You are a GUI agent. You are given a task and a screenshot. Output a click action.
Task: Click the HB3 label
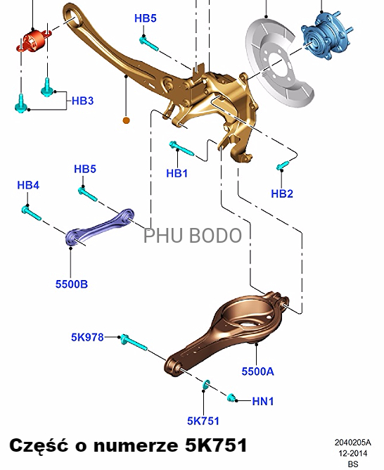click(x=83, y=101)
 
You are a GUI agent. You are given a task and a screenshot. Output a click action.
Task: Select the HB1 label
click(x=177, y=173)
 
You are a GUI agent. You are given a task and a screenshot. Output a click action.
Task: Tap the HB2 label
click(x=282, y=193)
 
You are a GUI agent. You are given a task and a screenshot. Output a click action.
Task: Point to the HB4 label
click(x=28, y=185)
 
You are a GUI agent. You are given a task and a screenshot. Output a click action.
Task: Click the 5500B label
click(x=72, y=284)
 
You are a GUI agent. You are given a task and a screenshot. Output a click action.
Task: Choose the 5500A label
click(x=257, y=371)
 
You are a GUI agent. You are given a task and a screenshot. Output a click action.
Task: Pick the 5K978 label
click(x=87, y=337)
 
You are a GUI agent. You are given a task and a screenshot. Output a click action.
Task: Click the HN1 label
click(x=263, y=401)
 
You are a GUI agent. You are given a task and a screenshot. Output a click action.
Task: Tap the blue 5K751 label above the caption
click(x=203, y=421)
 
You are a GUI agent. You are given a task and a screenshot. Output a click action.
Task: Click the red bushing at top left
click(x=33, y=41)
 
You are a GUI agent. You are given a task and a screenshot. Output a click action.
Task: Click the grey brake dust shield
click(x=277, y=63)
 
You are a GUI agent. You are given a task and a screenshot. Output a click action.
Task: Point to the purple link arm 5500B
click(x=99, y=228)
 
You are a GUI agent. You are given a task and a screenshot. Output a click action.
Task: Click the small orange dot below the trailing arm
click(x=127, y=120)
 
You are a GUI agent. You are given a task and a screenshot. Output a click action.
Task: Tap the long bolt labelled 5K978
click(x=134, y=343)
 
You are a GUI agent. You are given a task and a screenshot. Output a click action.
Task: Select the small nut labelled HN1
click(x=231, y=398)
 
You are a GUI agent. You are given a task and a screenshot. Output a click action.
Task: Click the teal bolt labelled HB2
click(x=283, y=165)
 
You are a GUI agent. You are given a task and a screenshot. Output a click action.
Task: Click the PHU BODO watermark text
click(x=193, y=235)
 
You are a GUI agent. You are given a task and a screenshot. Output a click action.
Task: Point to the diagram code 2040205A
click(x=352, y=442)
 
